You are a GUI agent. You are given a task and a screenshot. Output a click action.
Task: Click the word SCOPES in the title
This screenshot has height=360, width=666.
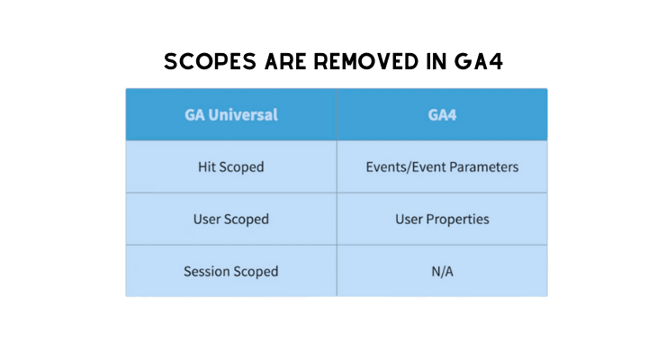[210, 61]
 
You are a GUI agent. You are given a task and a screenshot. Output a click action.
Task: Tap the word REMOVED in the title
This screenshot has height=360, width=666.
[366, 61]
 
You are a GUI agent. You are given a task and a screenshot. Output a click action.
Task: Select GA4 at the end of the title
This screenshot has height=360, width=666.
[479, 61]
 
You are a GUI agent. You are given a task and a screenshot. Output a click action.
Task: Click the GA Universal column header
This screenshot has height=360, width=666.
[231, 114]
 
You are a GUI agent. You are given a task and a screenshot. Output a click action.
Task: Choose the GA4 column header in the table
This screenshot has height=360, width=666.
[442, 114]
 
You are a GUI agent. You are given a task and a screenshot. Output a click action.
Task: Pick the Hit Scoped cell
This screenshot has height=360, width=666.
[231, 166]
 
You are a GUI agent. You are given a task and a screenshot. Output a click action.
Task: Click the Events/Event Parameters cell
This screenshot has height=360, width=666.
[442, 166]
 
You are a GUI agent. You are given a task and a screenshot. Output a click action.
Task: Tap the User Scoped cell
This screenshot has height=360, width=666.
[231, 219]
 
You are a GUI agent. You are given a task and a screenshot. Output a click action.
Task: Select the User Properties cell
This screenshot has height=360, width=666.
[442, 219]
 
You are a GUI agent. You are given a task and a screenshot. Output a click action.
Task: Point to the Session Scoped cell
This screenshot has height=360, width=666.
[231, 271]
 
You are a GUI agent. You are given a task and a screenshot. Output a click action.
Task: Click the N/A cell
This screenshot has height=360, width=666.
[442, 271]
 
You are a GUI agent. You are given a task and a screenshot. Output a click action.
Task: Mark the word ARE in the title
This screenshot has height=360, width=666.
[285, 61]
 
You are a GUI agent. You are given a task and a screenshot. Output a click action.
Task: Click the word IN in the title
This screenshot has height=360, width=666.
[436, 61]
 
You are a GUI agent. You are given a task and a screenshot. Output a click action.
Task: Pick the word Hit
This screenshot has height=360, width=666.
[207, 166]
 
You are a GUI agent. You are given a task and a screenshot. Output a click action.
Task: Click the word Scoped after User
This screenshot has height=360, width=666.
[247, 219]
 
